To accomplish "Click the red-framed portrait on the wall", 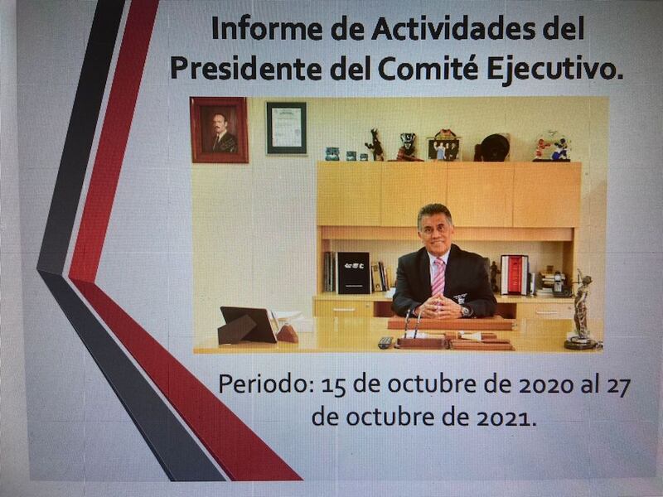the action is (x=219, y=130).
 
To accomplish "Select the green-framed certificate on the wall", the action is (x=286, y=128).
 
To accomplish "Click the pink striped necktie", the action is (x=438, y=277).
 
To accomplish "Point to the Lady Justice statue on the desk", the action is (x=582, y=311).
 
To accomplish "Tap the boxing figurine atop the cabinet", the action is (x=551, y=147).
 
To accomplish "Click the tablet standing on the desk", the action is (x=248, y=325).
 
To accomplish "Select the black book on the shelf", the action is (x=353, y=273).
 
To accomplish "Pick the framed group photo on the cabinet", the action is (x=443, y=146).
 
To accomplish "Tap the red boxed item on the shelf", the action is (x=515, y=275).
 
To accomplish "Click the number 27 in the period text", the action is (x=619, y=386).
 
